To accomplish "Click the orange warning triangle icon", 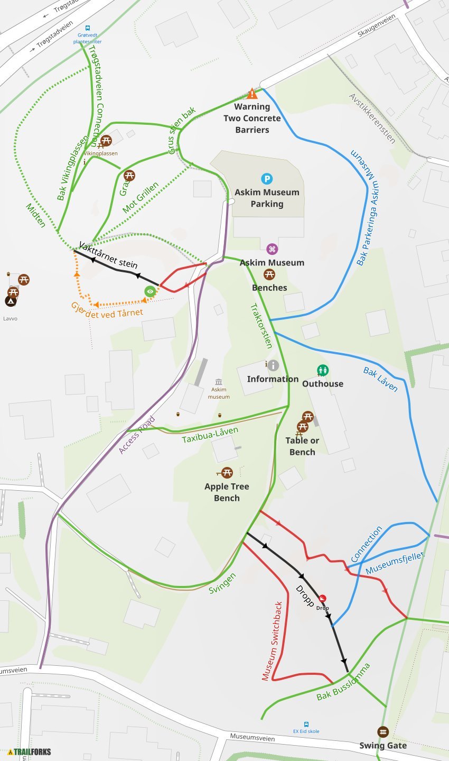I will coord(252,94).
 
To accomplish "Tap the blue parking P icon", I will coord(267,179).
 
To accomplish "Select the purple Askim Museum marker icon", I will coord(272,249).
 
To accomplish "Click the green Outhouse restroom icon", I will coord(322,370).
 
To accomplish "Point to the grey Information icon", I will coord(273,365).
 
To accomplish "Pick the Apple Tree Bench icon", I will coord(227,473).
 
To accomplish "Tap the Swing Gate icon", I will coord(383,732).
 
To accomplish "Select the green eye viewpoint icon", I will coord(150,291).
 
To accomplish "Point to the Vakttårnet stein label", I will coord(108,255).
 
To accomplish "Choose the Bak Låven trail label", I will coord(380,379).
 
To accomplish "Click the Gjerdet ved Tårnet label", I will coord(107,309).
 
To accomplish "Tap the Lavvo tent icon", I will coord(10,301).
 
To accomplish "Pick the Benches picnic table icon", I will coord(269,274).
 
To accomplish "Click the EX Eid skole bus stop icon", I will coord(306,724).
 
